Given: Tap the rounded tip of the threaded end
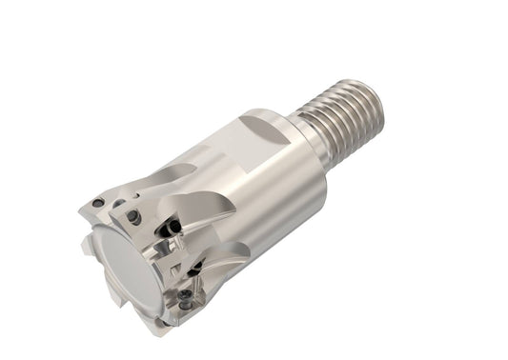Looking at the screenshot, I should click(378, 94).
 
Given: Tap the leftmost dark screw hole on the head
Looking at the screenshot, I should click(98, 203).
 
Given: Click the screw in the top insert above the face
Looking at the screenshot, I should click(135, 217).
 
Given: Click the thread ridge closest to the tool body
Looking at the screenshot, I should click(313, 132).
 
